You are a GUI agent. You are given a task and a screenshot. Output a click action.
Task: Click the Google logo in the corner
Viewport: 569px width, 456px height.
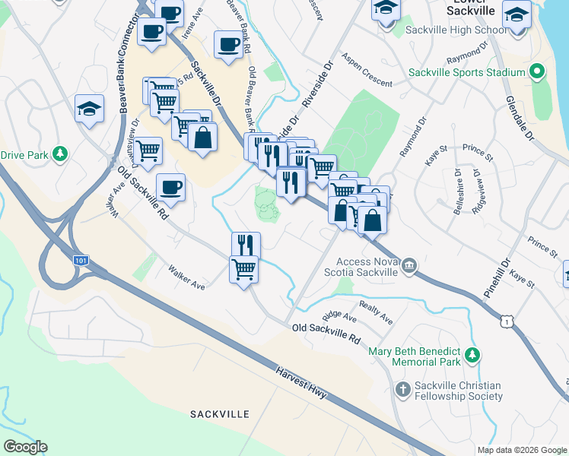coord(25,447)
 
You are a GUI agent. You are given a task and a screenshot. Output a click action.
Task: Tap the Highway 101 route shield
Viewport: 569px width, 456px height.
coord(81,261)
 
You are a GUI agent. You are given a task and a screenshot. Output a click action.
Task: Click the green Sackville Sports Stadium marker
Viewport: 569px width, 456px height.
coord(536,72)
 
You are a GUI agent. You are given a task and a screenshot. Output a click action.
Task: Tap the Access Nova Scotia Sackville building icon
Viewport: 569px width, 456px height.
coord(409,264)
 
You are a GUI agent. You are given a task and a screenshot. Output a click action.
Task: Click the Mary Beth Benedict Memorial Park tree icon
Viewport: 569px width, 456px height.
coord(472,355)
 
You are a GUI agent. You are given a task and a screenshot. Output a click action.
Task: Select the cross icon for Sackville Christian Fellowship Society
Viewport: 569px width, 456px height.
coord(403,390)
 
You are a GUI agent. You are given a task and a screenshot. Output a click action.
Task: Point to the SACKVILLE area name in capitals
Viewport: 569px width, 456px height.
coord(219,414)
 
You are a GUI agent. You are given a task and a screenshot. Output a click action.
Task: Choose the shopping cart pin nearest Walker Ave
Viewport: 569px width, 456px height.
coord(243,269)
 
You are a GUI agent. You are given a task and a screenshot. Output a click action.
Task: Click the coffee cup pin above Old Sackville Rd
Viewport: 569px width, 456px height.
coord(170,188)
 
